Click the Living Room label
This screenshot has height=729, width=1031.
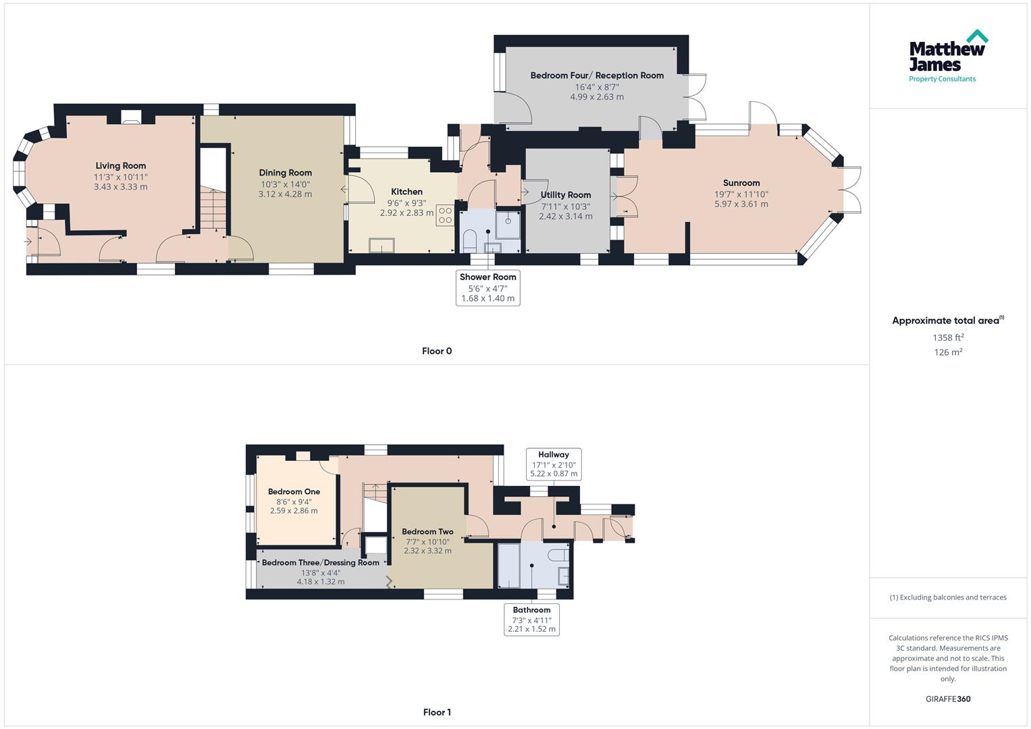(120, 165)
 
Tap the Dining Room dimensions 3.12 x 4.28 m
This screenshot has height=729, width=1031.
(285, 194)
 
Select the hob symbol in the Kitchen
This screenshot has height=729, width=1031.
(446, 215)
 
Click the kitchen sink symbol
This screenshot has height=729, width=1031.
(381, 245)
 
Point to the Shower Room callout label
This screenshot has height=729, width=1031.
(487, 277)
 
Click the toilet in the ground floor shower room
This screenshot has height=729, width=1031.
(470, 240)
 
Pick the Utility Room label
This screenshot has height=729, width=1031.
(565, 195)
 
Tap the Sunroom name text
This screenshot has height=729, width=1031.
(741, 183)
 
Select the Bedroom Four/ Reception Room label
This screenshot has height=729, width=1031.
(597, 76)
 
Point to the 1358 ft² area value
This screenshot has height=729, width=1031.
(948, 337)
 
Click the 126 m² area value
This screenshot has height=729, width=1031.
(948, 352)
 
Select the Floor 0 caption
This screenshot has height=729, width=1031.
(436, 351)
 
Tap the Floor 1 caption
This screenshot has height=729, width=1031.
(436, 712)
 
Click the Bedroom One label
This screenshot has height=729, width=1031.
(294, 491)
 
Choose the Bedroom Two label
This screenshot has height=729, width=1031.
(427, 532)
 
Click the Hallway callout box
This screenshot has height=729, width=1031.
(554, 464)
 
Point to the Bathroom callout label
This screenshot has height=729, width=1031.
(531, 610)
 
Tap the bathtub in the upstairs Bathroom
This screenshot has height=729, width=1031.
(508, 566)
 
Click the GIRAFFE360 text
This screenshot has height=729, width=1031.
(947, 699)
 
